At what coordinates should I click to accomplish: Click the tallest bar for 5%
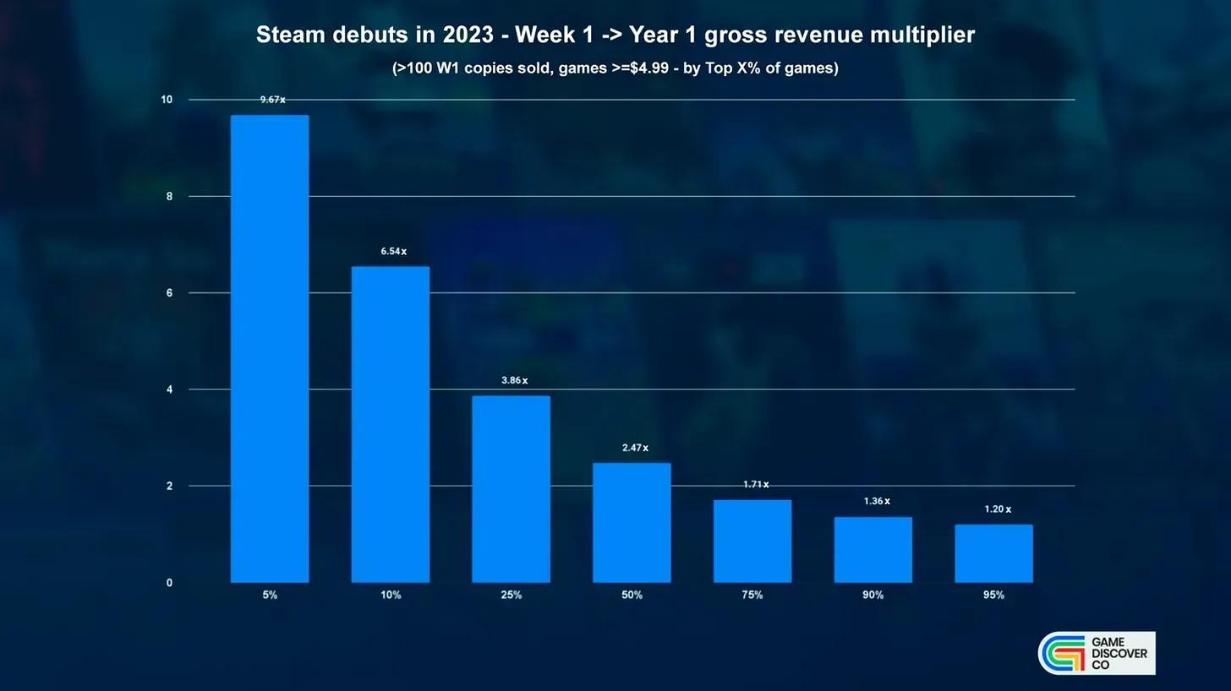pos(270,348)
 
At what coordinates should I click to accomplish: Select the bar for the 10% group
pos(391,424)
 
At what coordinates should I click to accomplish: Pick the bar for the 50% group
pos(632,522)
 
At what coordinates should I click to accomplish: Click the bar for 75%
pos(752,541)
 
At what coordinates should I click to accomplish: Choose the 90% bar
pos(873,549)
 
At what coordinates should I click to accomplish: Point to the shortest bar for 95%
pos(993,553)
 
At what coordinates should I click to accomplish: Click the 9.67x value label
pos(272,100)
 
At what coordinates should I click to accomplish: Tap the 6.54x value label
pos(393,252)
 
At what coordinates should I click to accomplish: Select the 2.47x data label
pos(635,448)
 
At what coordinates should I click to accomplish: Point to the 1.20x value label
pos(998,509)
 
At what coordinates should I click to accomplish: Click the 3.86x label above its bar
pos(514,381)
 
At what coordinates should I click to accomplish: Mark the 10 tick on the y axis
pos(167,100)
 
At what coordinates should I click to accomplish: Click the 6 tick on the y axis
pos(169,293)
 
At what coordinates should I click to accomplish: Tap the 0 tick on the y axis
pos(169,583)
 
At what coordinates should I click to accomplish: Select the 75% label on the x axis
pos(752,595)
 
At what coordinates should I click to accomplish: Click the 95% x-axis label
pos(993,595)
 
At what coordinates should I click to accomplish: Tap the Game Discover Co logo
pos(1097,653)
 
